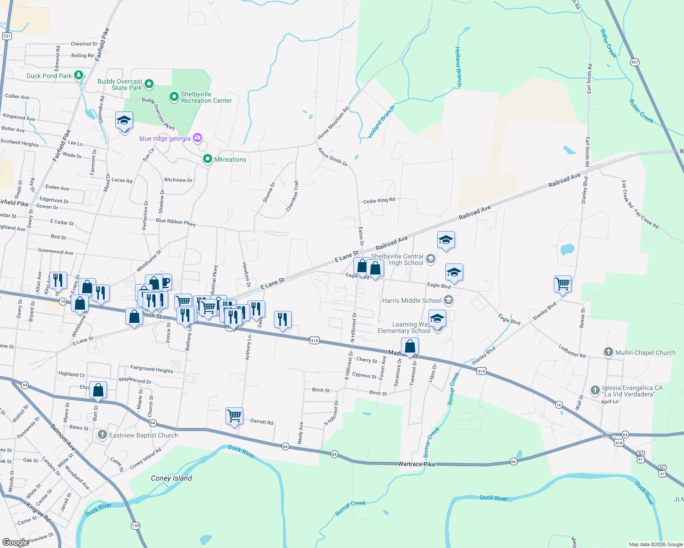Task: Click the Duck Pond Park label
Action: coord(49,76)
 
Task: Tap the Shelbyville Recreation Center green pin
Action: coord(174,97)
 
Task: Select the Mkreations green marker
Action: coord(208,159)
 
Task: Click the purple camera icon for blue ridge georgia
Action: coord(198,137)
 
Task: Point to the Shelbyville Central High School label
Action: coord(397,259)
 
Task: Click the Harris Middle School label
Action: coord(411,300)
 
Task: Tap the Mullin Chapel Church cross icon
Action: coord(608,352)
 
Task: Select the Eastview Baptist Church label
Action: coord(143,435)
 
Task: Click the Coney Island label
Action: coord(171,478)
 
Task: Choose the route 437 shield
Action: coord(634,62)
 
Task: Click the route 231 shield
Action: coord(6,36)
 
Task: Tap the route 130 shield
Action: coord(135,526)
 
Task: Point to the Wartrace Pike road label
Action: coord(416,464)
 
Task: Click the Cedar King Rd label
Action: coord(379,200)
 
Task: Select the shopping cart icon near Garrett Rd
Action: coord(234,416)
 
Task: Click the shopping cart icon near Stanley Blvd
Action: coord(562,284)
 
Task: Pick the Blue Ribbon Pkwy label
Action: coord(176,221)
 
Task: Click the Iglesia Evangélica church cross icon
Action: coord(595,390)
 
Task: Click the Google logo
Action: coord(15,542)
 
